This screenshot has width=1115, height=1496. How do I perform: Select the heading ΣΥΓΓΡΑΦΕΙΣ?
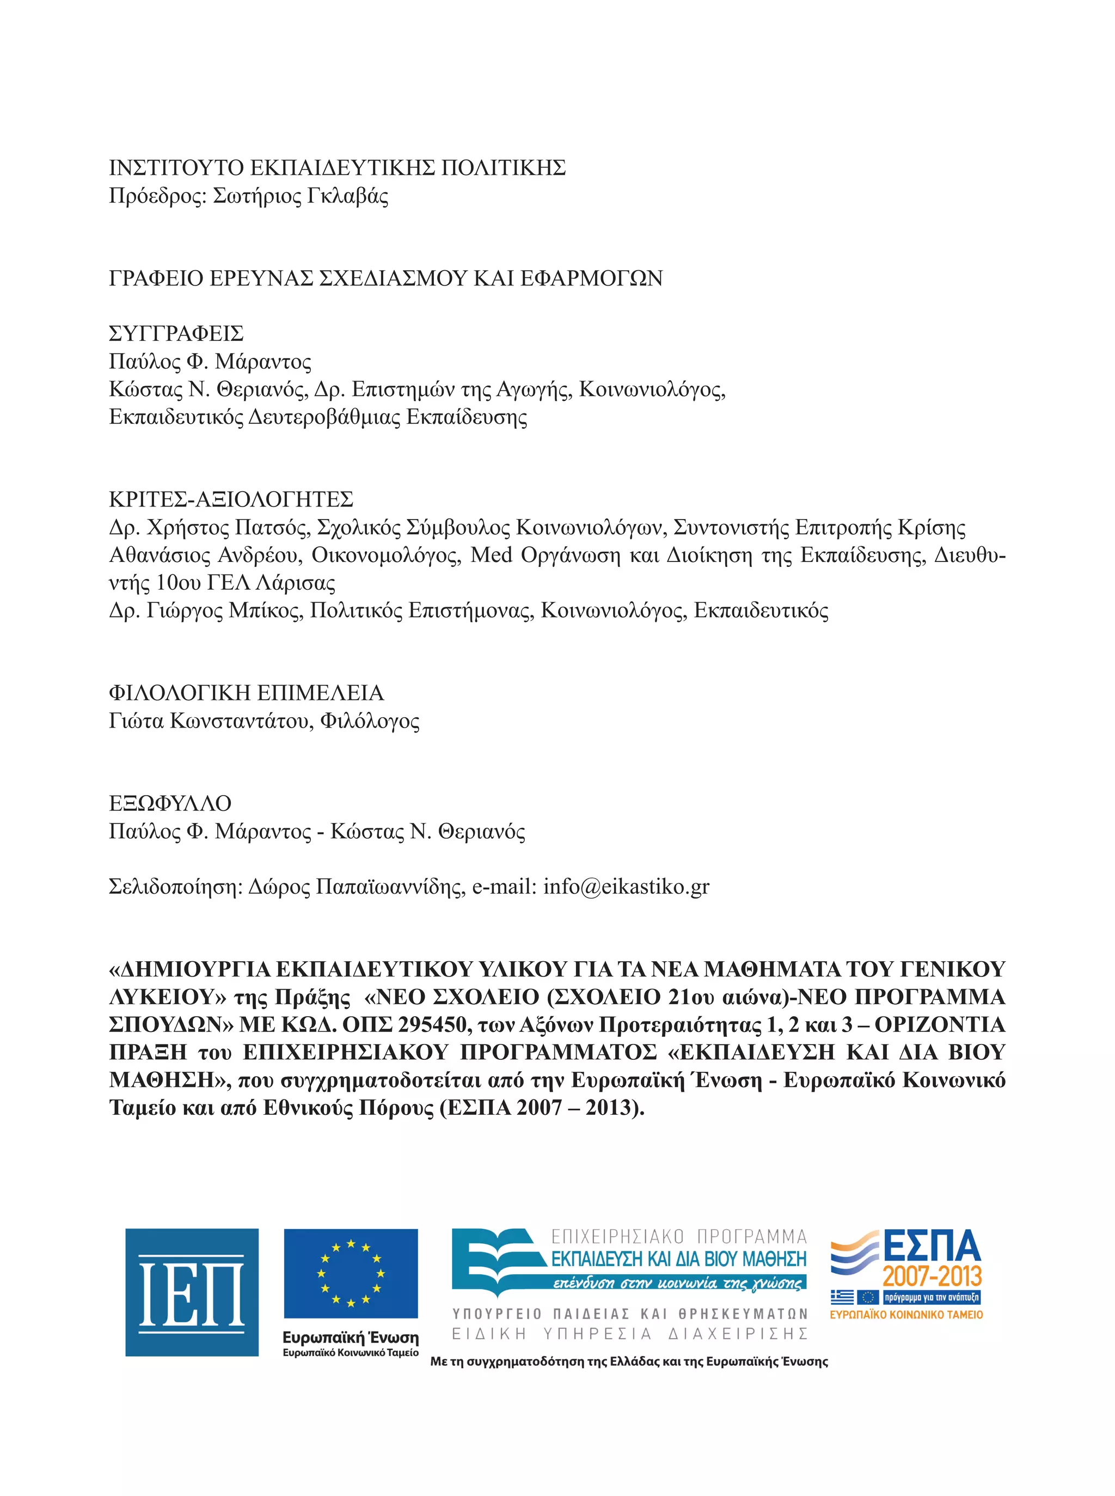176,333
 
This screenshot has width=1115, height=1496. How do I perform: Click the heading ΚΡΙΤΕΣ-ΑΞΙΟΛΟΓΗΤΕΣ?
231,499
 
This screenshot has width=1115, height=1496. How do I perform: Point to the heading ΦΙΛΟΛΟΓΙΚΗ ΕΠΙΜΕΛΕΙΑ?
246,693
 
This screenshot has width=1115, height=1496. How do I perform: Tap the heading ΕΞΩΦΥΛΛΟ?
170,803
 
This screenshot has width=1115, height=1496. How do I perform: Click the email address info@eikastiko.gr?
626,887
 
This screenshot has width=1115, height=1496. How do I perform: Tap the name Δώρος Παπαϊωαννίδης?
356,887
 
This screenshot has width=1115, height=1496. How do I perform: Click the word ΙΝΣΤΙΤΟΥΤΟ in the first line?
176,167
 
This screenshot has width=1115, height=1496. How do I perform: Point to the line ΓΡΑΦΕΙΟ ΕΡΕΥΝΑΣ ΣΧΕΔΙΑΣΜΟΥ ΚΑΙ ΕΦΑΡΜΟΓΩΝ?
385,278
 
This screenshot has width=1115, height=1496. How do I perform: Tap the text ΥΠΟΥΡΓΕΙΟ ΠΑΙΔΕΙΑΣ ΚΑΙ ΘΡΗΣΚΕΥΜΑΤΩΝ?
629,1314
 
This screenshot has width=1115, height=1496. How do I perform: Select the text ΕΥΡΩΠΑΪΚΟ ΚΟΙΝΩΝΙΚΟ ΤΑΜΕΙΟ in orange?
906,1315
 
